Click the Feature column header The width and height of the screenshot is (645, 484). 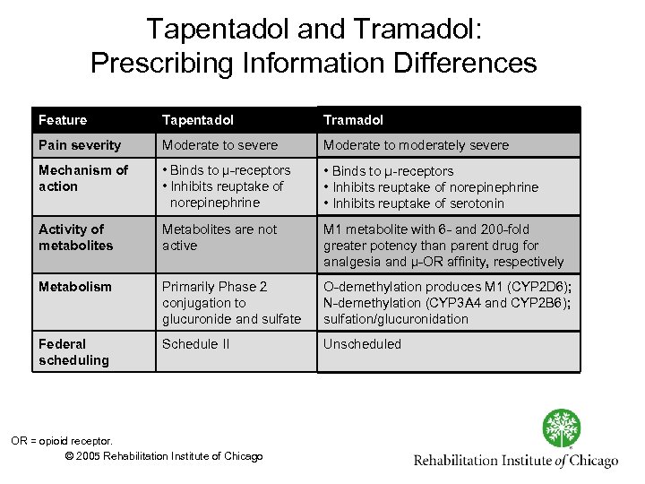[63, 120]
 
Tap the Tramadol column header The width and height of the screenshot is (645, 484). [353, 120]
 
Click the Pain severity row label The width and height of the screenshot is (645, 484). [80, 145]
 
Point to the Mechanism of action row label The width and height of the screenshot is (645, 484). [83, 178]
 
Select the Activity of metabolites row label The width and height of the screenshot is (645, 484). [76, 238]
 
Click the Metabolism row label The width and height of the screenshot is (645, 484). [75, 287]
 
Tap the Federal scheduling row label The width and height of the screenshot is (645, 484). [73, 352]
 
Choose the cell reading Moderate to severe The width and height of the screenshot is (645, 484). [219, 145]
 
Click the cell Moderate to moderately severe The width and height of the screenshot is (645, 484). [416, 145]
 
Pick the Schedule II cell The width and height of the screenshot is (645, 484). [195, 344]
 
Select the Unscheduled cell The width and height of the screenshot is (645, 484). [362, 344]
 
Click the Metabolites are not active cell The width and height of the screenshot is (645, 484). [219, 238]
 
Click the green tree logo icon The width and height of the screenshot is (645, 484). [562, 428]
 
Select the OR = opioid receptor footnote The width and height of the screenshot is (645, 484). [62, 440]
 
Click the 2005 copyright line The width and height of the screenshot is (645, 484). [165, 456]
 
